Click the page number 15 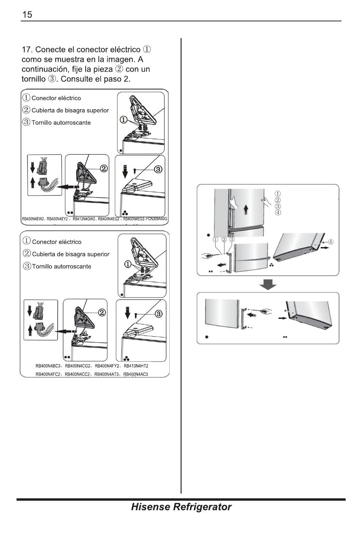(27, 15)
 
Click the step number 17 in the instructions (26, 50)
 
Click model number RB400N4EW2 (33, 219)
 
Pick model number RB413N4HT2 (136, 366)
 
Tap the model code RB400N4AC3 (136, 374)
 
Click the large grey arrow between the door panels (268, 284)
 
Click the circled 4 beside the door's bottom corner (331, 242)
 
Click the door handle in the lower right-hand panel (243, 318)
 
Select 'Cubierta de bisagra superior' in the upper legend (70, 110)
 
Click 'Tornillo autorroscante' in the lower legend (62, 266)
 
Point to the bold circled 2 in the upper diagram (104, 169)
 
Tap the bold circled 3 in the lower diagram (158, 314)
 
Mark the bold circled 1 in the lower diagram (128, 264)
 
